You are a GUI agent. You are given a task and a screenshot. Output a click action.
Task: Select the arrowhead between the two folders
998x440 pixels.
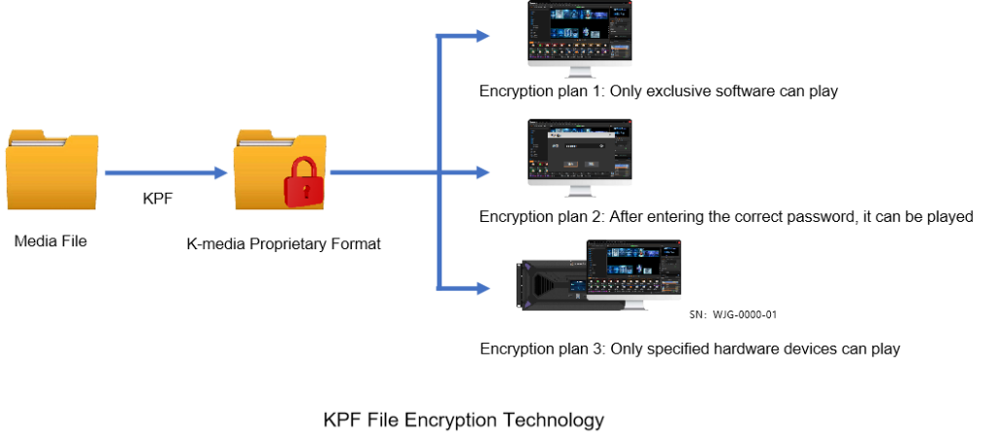pyautogui.click(x=220, y=173)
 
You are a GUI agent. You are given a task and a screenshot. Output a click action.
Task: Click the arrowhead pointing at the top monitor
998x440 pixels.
pyautogui.click(x=482, y=36)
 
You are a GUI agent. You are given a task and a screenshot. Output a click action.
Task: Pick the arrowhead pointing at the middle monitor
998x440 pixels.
pyautogui.click(x=482, y=173)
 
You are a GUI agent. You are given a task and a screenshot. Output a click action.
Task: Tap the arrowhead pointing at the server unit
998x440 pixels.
pyautogui.click(x=482, y=288)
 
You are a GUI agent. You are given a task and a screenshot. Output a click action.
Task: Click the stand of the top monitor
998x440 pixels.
pyautogui.click(x=580, y=72)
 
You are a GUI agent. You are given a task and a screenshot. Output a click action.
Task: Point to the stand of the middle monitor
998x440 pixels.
pyautogui.click(x=580, y=191)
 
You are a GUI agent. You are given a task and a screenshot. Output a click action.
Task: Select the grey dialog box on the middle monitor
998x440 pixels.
pyautogui.click(x=580, y=150)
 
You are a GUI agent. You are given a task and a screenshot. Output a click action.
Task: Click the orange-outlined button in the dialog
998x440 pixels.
pyautogui.click(x=571, y=164)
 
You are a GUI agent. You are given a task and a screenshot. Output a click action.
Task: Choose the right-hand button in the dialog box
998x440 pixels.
pyautogui.click(x=591, y=164)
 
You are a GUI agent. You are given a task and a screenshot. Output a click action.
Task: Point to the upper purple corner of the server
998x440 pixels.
pyautogui.click(x=527, y=265)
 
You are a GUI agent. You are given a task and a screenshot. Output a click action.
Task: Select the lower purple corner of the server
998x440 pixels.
pyautogui.click(x=527, y=304)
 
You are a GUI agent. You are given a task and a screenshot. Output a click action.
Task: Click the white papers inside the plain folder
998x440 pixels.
pyautogui.click(x=39, y=141)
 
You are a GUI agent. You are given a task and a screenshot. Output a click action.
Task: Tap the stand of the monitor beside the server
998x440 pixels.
pyautogui.click(x=633, y=306)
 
